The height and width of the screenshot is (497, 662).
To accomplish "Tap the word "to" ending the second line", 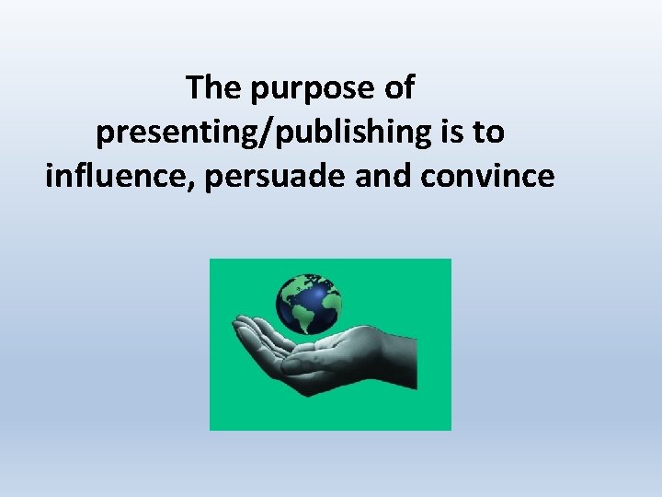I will point(488,133).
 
